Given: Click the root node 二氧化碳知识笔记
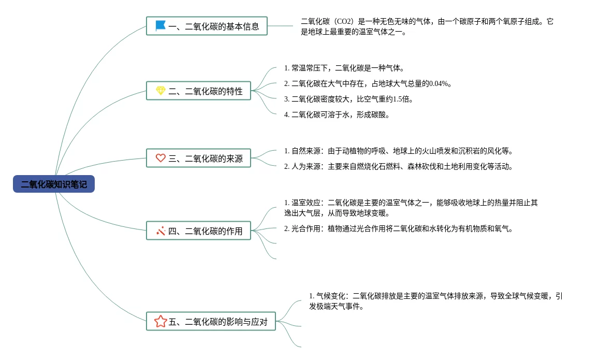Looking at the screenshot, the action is [x=54, y=184].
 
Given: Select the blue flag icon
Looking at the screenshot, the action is [x=160, y=25].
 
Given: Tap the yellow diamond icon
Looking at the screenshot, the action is [x=160, y=91].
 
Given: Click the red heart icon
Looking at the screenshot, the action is [x=160, y=158].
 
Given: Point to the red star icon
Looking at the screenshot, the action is [x=160, y=321].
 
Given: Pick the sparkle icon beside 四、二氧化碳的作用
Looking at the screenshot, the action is [x=160, y=231].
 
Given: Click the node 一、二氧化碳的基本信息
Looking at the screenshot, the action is [x=207, y=25].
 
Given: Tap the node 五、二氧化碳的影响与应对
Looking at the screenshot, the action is [x=211, y=321].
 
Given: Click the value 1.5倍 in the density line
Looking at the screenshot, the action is [x=402, y=99].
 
